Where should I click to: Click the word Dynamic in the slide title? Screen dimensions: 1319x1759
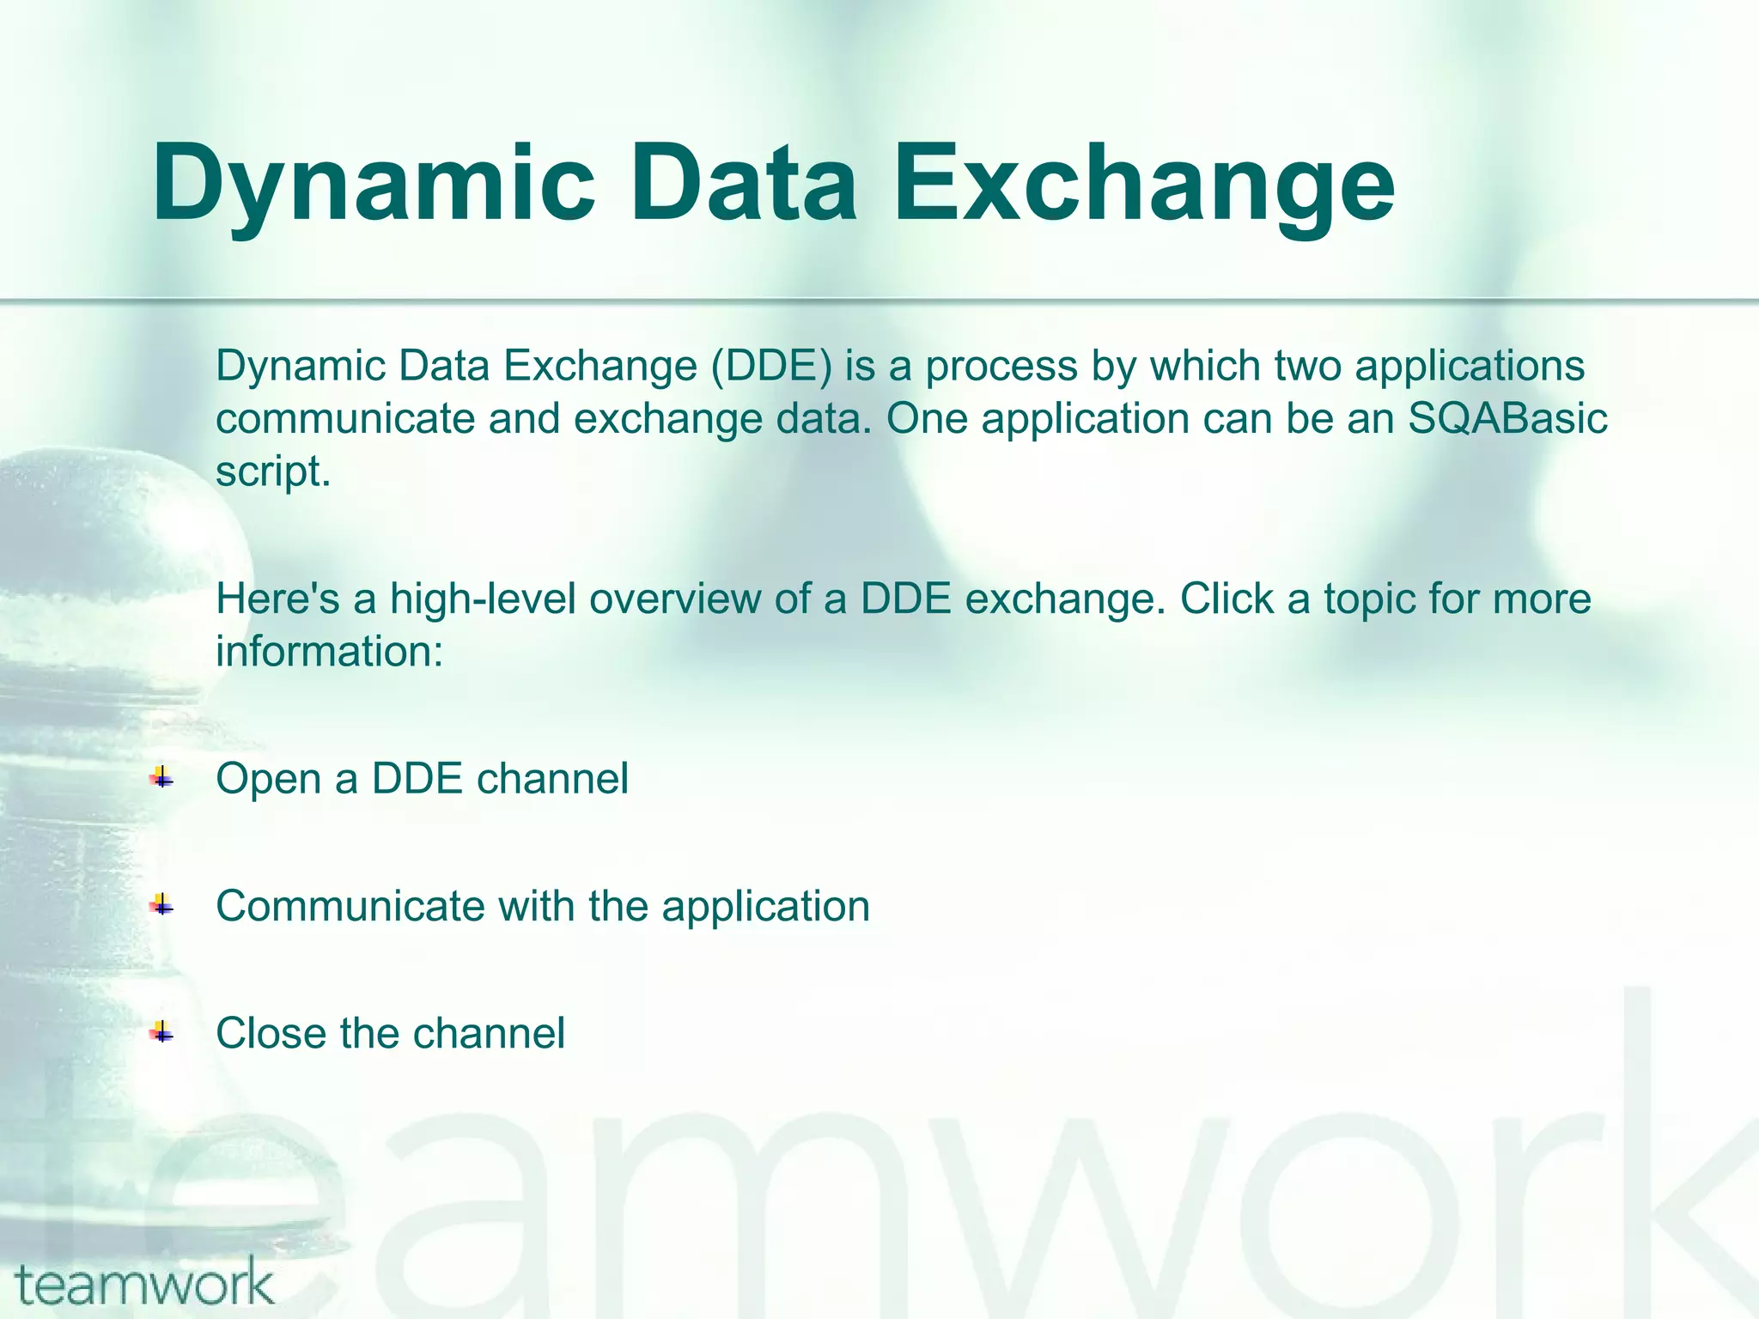[374, 183]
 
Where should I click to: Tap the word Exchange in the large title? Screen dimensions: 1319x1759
[1144, 183]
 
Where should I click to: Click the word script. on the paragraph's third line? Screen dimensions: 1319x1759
[272, 471]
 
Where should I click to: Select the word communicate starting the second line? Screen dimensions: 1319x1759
[344, 419]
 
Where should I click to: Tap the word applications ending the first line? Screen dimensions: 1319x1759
[1470, 366]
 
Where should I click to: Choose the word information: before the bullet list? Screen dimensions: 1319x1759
[330, 651]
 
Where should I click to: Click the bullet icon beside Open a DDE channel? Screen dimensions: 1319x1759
[161, 779]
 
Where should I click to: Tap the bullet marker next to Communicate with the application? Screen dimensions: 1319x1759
[161, 905]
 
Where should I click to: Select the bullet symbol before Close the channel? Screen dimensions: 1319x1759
[161, 1032]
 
